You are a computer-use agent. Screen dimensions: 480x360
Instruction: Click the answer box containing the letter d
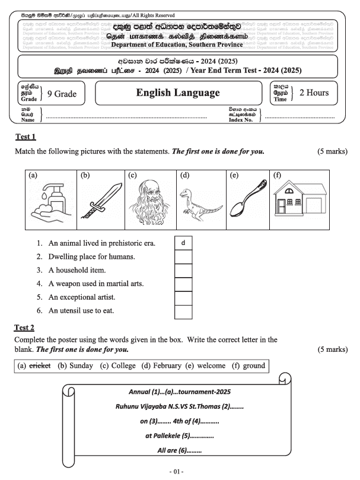[x=184, y=243]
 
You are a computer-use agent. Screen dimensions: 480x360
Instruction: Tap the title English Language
[x=177, y=93]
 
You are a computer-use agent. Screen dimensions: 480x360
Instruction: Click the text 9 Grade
[x=63, y=93]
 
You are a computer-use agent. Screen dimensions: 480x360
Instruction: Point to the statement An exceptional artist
[x=81, y=297]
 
